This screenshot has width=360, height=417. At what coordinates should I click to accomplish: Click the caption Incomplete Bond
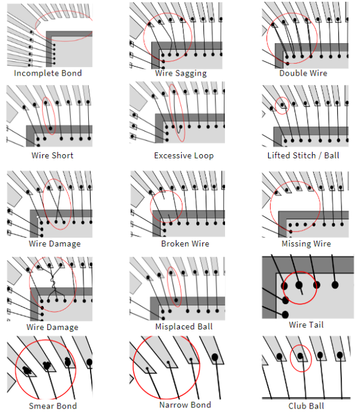click(x=48, y=73)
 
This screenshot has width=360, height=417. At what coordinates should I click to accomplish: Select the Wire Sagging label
click(x=181, y=73)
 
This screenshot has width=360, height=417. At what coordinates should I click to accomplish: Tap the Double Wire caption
click(x=304, y=73)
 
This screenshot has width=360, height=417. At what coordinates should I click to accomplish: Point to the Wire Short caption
click(x=52, y=155)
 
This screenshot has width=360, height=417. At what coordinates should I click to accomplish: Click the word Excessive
click(x=170, y=155)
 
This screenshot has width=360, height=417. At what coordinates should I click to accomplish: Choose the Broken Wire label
click(x=185, y=244)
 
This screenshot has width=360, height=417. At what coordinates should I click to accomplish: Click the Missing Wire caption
click(x=306, y=244)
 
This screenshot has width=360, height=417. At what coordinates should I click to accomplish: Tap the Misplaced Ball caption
click(x=184, y=326)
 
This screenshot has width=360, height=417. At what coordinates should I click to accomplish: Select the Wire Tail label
click(x=306, y=325)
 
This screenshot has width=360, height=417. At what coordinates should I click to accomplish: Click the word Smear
click(x=41, y=406)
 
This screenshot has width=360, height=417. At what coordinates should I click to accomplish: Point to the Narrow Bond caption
click(x=185, y=405)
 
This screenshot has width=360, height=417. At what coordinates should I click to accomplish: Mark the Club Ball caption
click(x=306, y=406)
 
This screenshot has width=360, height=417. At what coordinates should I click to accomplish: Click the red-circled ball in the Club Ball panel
click(x=300, y=356)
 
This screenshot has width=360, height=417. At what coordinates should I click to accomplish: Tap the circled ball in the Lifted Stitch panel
click(x=283, y=105)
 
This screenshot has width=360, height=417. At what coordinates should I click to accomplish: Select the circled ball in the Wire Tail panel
click(x=299, y=285)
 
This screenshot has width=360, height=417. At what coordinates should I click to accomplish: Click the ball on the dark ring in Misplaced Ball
click(x=176, y=300)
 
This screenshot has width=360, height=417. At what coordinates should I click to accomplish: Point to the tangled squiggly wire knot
click(x=53, y=283)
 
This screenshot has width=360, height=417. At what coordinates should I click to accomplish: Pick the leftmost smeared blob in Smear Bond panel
click(x=27, y=370)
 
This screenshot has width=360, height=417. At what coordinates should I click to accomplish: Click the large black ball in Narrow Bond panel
click(x=215, y=357)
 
